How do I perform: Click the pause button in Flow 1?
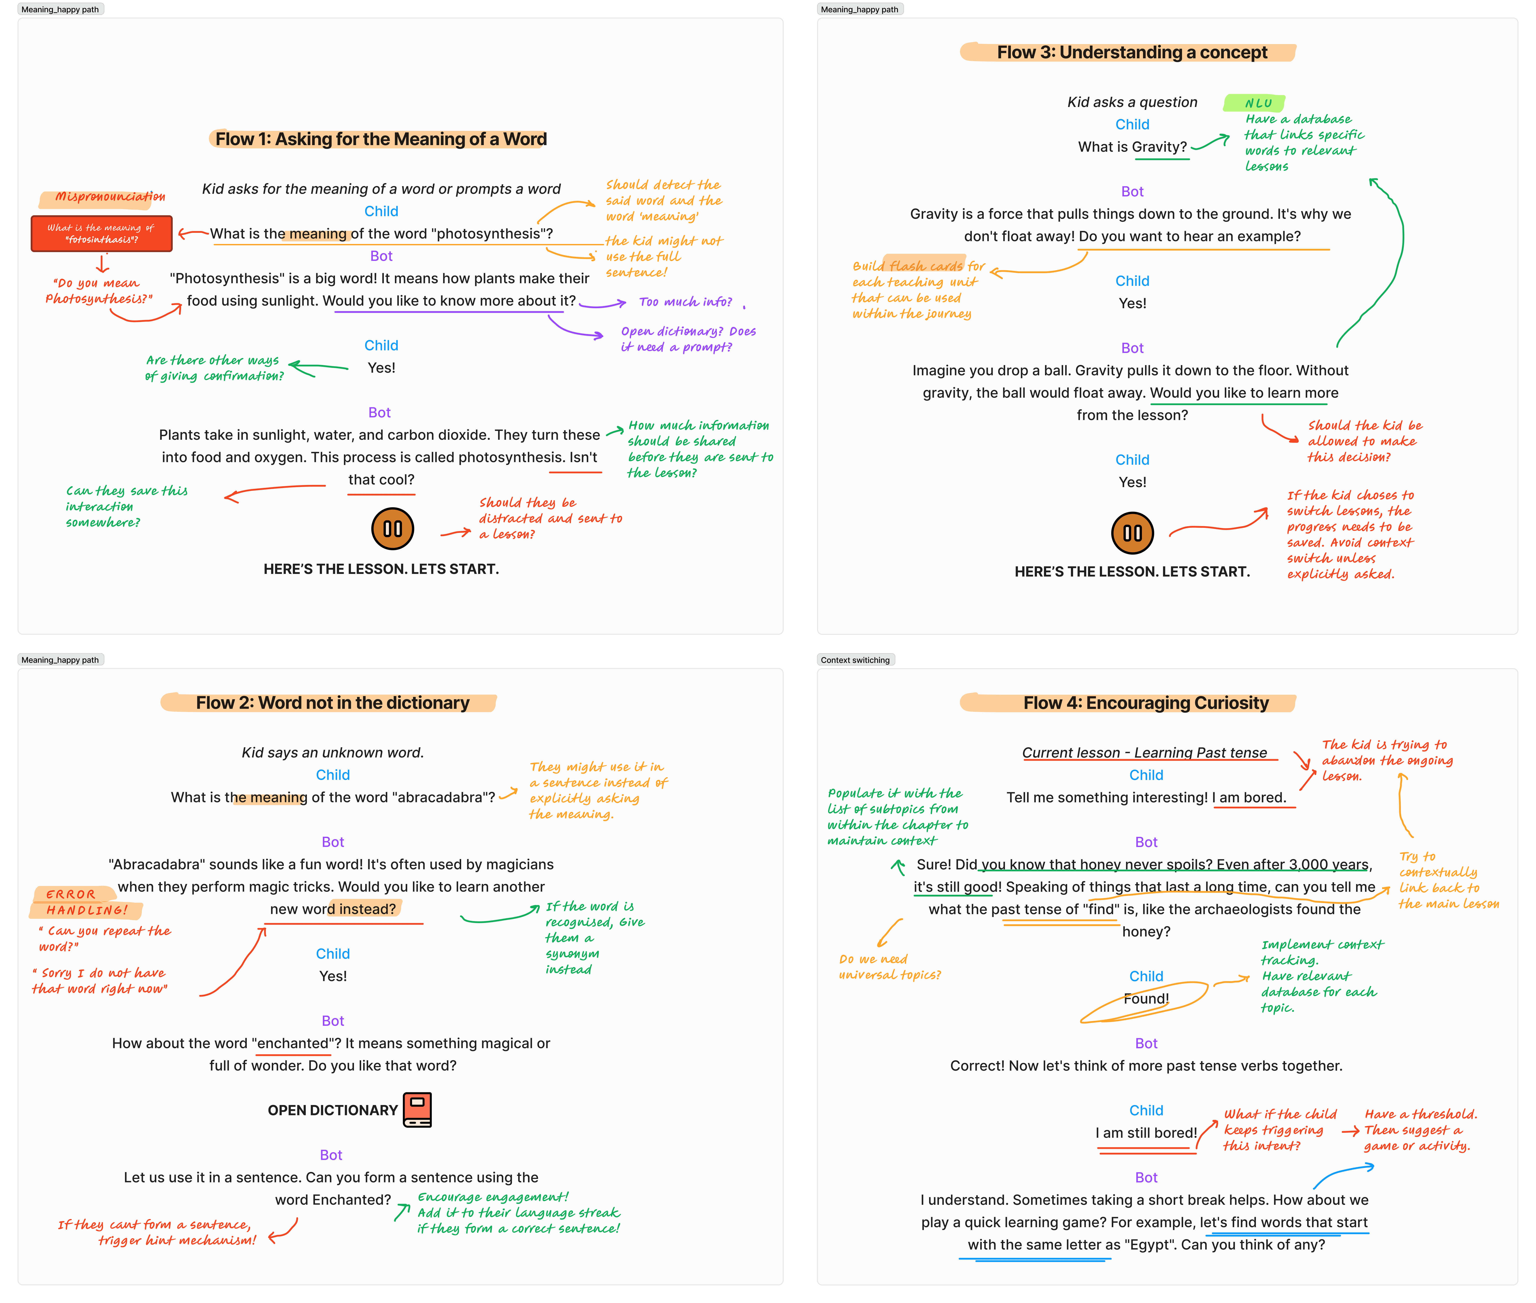coord(392,529)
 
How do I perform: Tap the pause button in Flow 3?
coord(1132,532)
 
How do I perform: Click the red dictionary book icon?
coord(417,1109)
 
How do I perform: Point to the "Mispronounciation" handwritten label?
coord(109,196)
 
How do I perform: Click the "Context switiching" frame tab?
coord(855,660)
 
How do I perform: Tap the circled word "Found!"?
coord(1146,999)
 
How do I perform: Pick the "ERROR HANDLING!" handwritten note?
coord(86,902)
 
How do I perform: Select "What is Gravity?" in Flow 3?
coord(1132,147)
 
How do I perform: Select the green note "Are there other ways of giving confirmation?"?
coord(214,368)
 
